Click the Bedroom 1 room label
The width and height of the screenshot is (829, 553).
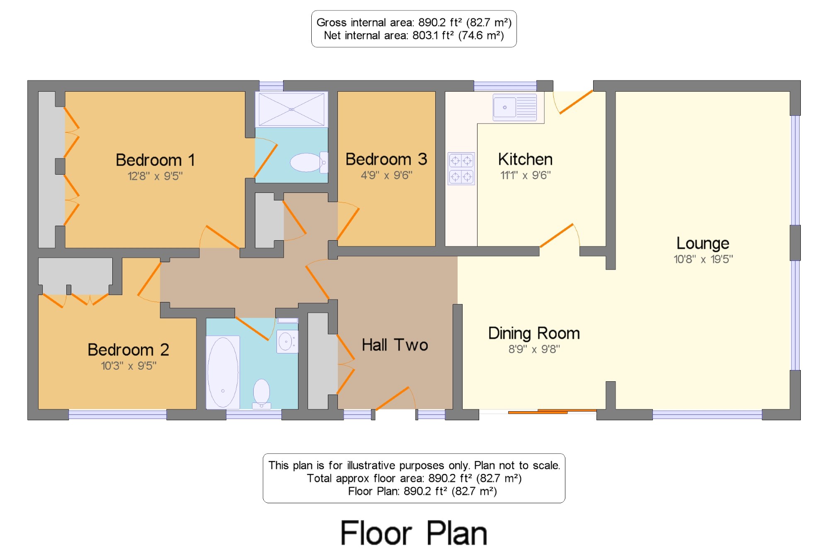tap(155, 160)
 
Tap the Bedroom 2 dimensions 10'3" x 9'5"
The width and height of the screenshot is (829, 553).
tap(129, 366)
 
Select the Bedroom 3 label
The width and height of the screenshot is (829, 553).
tap(386, 159)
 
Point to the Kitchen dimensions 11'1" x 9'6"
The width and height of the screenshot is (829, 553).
tap(526, 175)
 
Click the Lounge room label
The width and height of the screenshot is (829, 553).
tap(703, 244)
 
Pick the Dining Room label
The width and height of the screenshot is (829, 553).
tap(534, 334)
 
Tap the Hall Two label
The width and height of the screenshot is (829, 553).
tap(395, 345)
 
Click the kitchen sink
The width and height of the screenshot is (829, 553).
tap(515, 107)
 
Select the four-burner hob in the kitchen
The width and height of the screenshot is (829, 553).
tap(461, 168)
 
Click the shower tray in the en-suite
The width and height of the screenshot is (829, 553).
tap(291, 109)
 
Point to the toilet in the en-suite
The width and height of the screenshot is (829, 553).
tap(309, 162)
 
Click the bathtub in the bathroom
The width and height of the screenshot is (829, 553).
tap(223, 372)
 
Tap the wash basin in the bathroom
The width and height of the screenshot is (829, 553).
tap(287, 341)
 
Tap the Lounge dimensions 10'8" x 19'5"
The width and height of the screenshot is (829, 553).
tap(703, 259)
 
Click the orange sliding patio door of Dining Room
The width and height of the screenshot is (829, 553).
tap(552, 412)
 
